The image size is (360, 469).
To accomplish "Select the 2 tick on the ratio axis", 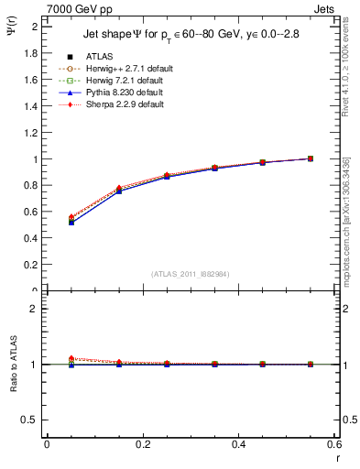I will pos(35,310).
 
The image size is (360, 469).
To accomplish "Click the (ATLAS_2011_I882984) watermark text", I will pos(190,274).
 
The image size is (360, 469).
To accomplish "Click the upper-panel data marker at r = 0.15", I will pos(142,190).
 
